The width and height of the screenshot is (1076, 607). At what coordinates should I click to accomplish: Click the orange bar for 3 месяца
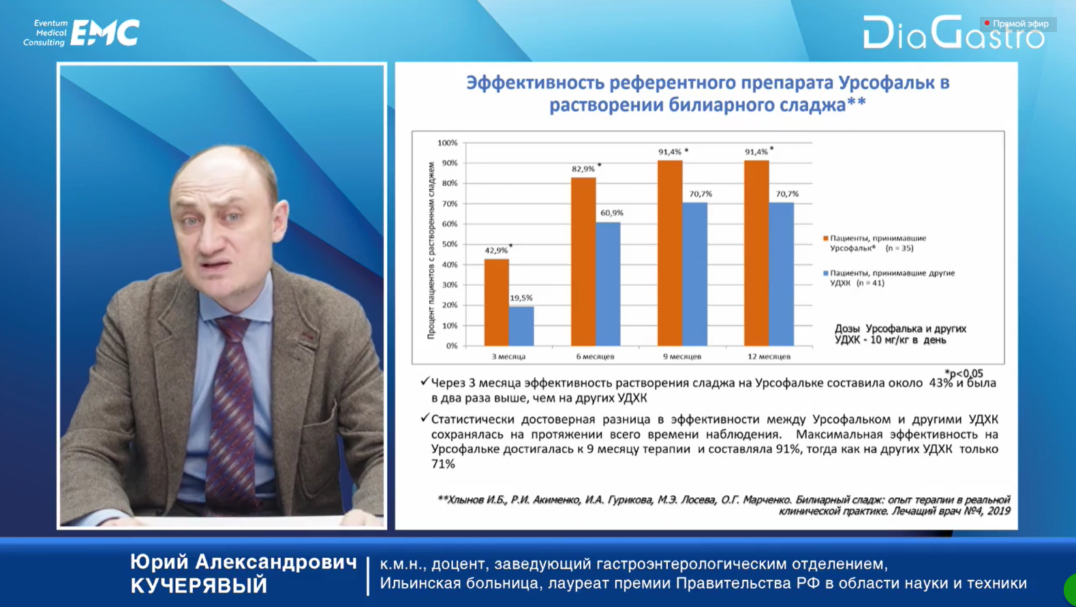[497, 302]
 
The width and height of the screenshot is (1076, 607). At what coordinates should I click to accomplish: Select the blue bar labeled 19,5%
[522, 326]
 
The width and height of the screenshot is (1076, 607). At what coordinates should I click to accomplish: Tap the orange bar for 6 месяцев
[583, 261]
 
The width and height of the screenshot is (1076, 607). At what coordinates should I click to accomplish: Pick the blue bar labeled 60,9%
[608, 284]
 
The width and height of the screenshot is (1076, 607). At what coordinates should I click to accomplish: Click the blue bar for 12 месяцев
[782, 274]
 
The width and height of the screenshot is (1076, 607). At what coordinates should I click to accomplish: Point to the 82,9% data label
[583, 169]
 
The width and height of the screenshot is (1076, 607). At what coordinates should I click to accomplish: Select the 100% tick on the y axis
[447, 143]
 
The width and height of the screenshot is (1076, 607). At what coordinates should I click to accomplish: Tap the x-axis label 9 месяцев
[682, 357]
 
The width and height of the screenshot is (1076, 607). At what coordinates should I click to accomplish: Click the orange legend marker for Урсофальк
[826, 239]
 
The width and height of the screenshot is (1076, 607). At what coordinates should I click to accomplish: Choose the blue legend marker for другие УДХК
[826, 273]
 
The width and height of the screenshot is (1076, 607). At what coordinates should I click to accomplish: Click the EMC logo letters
[105, 33]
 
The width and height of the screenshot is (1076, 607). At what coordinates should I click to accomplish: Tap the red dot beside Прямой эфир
[987, 23]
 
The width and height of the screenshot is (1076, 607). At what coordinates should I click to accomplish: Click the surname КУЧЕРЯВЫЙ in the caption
[199, 585]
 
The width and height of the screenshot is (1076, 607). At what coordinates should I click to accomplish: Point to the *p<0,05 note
[964, 374]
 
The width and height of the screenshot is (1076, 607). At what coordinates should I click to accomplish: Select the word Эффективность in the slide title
[534, 83]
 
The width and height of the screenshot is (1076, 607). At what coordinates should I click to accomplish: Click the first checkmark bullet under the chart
[424, 382]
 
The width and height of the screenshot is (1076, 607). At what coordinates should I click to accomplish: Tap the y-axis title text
[431, 250]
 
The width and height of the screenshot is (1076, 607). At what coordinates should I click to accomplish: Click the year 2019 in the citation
[998, 512]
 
